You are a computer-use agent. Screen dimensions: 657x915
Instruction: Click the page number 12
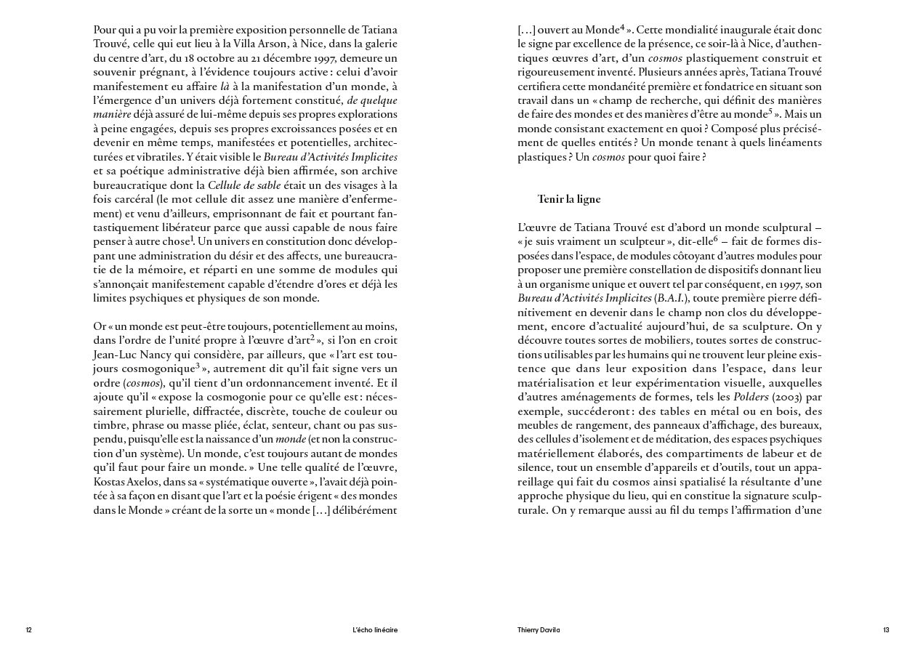(x=29, y=630)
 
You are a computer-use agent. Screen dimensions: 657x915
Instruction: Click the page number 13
(x=886, y=630)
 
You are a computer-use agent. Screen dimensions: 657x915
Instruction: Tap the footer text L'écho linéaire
(x=374, y=630)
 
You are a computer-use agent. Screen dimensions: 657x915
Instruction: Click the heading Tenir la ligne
(x=569, y=199)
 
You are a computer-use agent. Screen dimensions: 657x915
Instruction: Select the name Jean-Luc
(x=116, y=355)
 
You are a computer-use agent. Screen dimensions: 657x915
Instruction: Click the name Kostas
(x=110, y=483)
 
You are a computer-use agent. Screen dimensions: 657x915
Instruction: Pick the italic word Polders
(x=751, y=398)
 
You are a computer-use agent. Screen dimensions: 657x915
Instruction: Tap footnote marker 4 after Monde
(x=623, y=28)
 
